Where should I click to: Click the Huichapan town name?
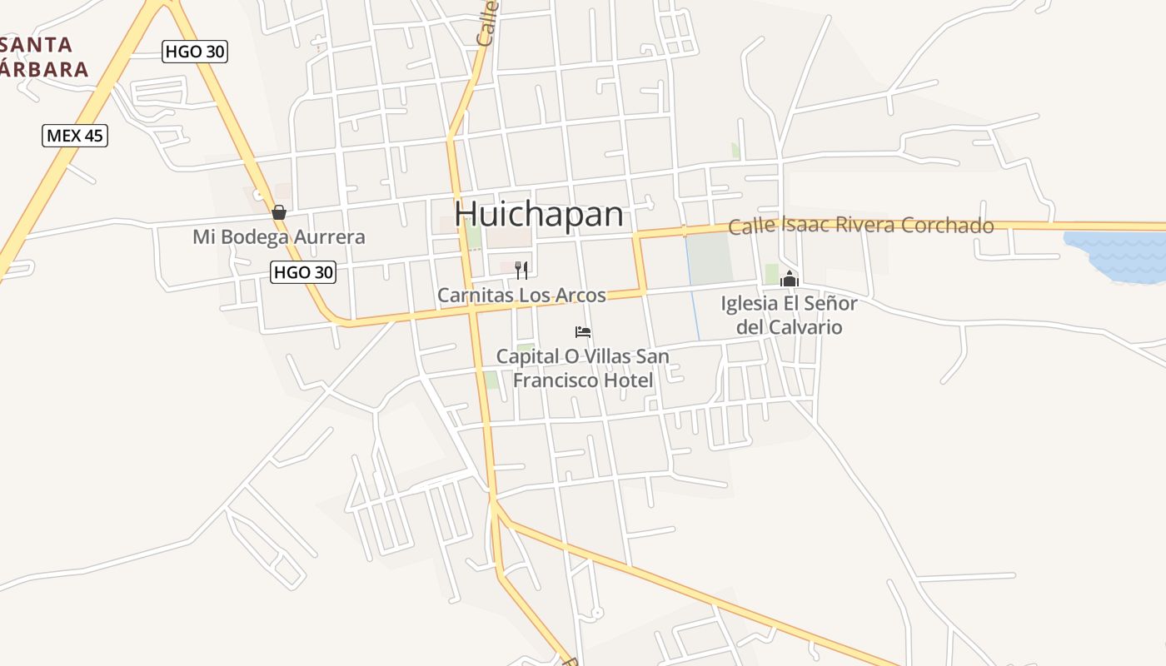pyautogui.click(x=539, y=215)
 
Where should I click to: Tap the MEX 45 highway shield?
pyautogui.click(x=75, y=135)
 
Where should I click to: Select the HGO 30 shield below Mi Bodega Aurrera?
pyautogui.click(x=303, y=271)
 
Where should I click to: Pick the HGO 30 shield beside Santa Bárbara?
pyautogui.click(x=195, y=52)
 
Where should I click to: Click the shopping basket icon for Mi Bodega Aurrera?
pyautogui.click(x=279, y=212)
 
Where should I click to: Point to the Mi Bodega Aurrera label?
pyautogui.click(x=279, y=237)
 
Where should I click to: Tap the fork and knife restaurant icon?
pyautogui.click(x=521, y=270)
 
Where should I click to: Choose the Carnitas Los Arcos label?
pyautogui.click(x=521, y=296)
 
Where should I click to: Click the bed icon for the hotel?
pyautogui.click(x=583, y=332)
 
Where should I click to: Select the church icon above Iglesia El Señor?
pyautogui.click(x=790, y=278)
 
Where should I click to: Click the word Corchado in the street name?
pyautogui.click(x=953, y=226)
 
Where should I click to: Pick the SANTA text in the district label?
pyautogui.click(x=37, y=44)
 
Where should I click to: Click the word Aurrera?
pyautogui.click(x=329, y=237)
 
